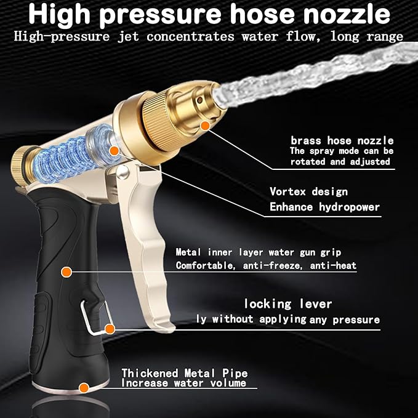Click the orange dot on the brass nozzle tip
[206, 125]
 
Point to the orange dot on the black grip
[65, 270]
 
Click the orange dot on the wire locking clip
[110, 329]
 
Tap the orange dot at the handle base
[83, 388]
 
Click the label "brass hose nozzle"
[342, 140]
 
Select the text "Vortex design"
[308, 191]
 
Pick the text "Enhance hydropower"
[324, 207]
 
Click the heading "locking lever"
[287, 303]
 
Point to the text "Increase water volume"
[183, 383]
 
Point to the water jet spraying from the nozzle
[320, 74]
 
